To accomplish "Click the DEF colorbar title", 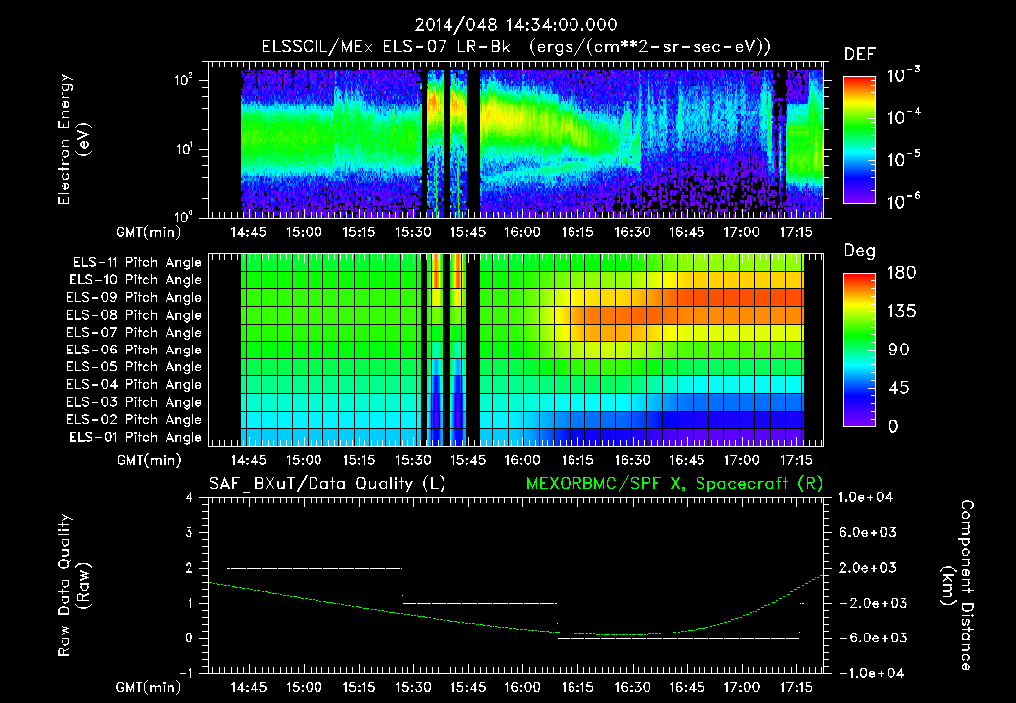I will (x=858, y=54).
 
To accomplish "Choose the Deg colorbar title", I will (x=858, y=251).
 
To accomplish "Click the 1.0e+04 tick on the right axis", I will (x=868, y=496).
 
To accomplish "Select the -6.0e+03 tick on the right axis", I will (x=868, y=637).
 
